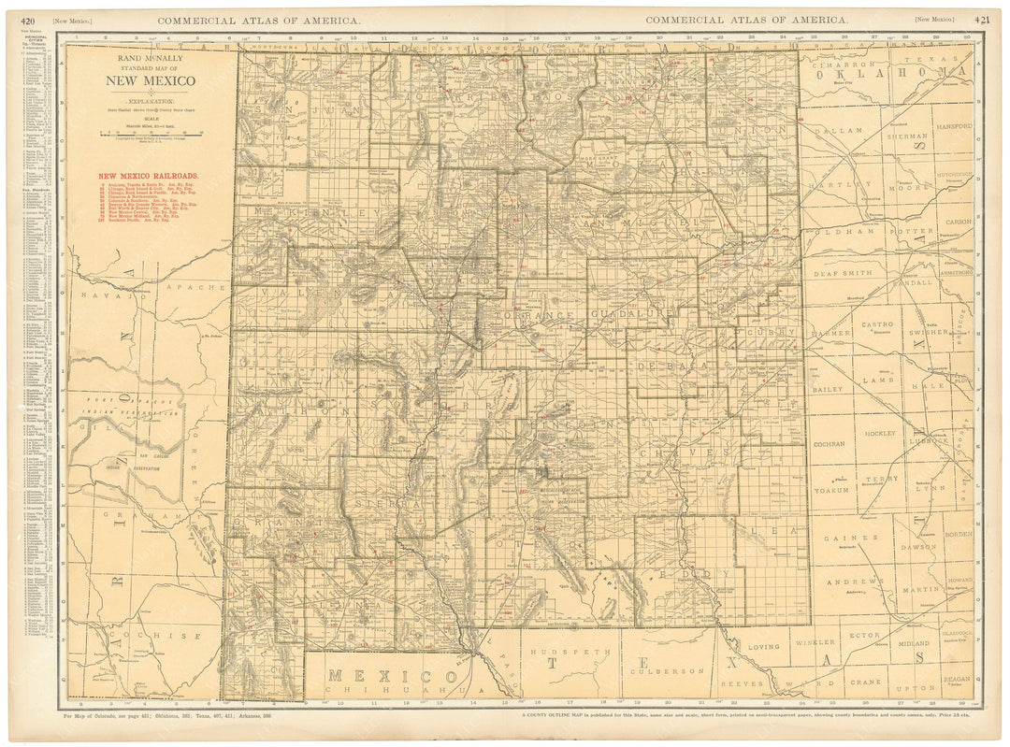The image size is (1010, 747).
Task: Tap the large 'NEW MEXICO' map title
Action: click(x=150, y=80)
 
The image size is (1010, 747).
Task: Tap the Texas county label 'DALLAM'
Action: click(x=833, y=133)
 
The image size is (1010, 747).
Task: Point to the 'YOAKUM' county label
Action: click(x=831, y=489)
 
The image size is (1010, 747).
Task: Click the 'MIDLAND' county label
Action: click(x=913, y=643)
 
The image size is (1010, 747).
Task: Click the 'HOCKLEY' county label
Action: click(x=880, y=434)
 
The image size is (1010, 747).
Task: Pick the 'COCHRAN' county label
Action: click(x=830, y=444)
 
